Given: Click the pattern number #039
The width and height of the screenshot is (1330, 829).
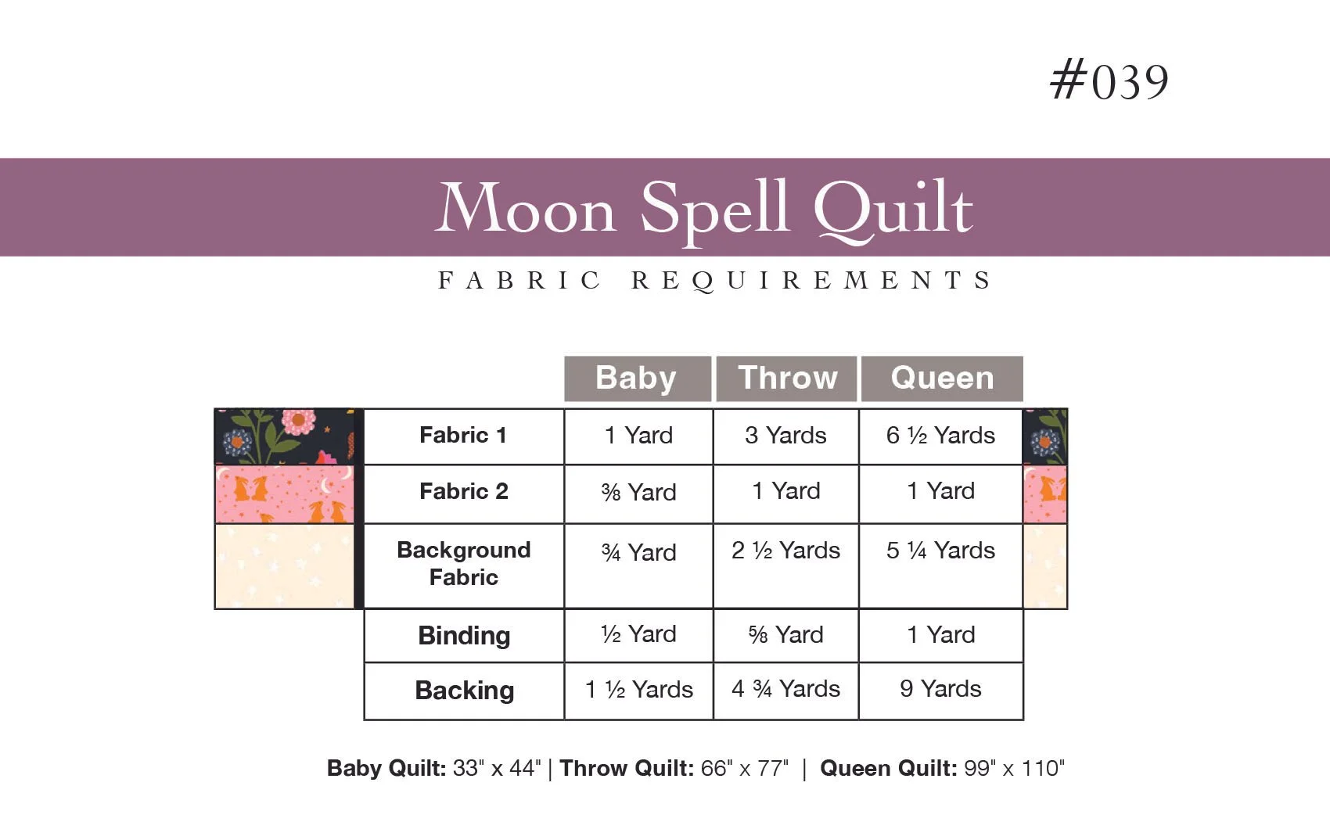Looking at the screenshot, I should [x=1109, y=82].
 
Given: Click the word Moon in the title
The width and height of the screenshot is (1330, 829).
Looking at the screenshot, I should [x=526, y=210].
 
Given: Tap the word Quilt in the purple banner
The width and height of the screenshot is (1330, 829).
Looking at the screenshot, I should [x=893, y=210].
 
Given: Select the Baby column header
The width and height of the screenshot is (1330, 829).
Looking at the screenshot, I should [x=637, y=379].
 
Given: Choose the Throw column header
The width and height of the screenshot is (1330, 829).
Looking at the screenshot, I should [x=787, y=379].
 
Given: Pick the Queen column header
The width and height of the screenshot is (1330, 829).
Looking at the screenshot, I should [x=942, y=379].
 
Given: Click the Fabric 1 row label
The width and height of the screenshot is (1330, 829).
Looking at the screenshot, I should [x=463, y=436].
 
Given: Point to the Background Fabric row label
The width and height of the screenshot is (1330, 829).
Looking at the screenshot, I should [x=463, y=564].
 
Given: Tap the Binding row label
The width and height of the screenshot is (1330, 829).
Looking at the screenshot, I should [x=464, y=636].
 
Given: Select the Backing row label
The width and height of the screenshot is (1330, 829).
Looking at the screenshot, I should [x=464, y=691].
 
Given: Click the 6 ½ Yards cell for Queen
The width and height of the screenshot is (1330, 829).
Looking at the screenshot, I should [x=940, y=436].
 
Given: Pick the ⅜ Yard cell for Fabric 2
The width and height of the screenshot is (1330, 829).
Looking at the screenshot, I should [x=638, y=493].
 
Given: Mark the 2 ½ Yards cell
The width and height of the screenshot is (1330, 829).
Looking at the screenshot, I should [x=785, y=551].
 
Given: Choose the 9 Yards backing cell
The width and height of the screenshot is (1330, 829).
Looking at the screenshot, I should [x=940, y=689].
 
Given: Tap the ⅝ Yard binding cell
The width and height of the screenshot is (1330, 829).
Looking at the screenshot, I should [x=785, y=635].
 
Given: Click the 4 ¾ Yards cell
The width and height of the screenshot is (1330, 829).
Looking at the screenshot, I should [x=785, y=689].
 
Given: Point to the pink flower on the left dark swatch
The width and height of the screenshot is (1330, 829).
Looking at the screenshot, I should [x=298, y=422].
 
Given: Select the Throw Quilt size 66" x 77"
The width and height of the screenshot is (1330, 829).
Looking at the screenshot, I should [x=674, y=769].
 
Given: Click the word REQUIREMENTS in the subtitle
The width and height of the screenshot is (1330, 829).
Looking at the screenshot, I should [x=811, y=281].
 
